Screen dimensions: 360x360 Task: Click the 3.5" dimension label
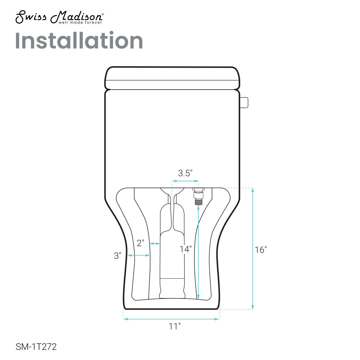(x=185, y=173)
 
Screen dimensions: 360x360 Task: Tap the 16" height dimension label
(x=261, y=250)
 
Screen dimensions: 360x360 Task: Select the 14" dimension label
(x=185, y=249)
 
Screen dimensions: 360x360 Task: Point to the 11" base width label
(x=175, y=326)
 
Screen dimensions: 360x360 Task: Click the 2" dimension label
(x=140, y=243)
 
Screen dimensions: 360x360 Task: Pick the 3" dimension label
(x=118, y=256)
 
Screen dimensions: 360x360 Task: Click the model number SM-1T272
(x=36, y=347)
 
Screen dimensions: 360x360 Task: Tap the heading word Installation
(x=79, y=41)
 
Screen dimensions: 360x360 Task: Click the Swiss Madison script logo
(x=59, y=17)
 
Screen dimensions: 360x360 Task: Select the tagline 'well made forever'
(x=80, y=22)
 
